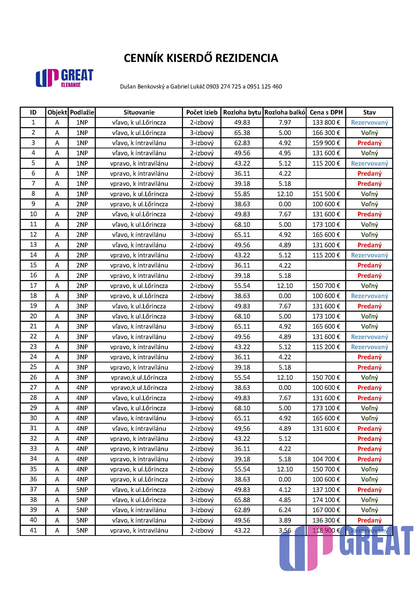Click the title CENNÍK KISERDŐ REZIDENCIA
tap(201, 58)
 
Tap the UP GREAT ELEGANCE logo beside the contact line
tap(64, 78)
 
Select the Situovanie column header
tap(139, 112)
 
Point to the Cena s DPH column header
tap(326, 112)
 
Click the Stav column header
tap(369, 112)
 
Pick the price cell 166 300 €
tap(326, 133)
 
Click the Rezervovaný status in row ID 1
tap(369, 123)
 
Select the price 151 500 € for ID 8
tap(326, 194)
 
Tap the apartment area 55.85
tap(242, 194)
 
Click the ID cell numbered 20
tap(33, 316)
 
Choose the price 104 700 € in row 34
tap(326, 459)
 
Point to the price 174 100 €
tap(326, 500)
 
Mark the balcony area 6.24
tap(285, 510)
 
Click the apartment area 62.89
tap(242, 510)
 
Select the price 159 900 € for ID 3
tap(326, 143)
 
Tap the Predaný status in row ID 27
tap(369, 388)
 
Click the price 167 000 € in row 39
tap(326, 510)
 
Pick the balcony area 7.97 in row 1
tap(285, 123)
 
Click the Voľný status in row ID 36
tap(369, 479)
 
